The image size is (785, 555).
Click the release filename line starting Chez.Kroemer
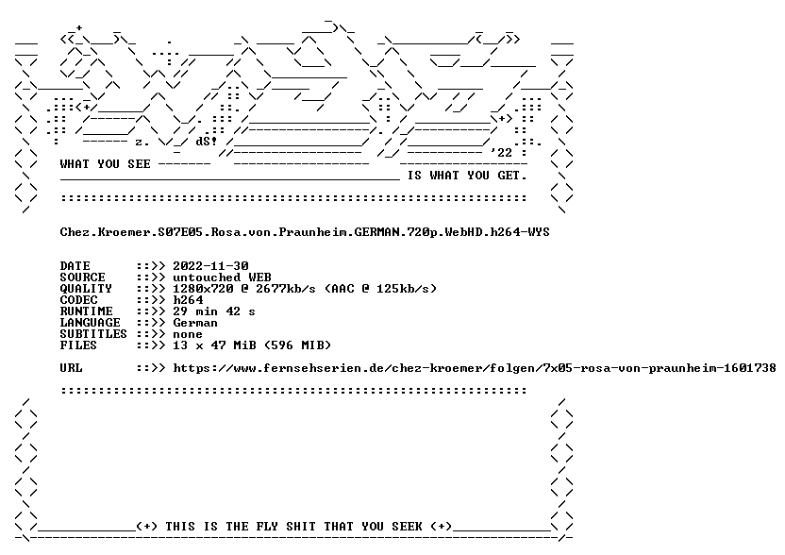[305, 232]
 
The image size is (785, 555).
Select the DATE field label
[75, 266]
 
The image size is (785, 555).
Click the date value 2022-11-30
[210, 266]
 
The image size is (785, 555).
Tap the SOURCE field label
[83, 277]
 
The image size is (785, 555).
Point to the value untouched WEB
[223, 277]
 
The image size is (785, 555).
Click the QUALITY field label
[86, 289]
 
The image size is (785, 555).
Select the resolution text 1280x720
[203, 289]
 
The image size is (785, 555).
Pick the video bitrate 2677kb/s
[286, 289]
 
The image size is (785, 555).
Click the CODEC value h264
[189, 300]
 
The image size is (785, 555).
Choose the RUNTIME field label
[86, 311]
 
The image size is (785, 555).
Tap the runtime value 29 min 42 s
[214, 311]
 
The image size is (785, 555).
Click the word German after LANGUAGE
[195, 323]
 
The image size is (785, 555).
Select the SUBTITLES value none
[189, 334]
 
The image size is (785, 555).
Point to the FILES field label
[78, 345]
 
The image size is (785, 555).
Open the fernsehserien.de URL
[475, 368]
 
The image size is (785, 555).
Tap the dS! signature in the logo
[207, 142]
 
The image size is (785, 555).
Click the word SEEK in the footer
[407, 527]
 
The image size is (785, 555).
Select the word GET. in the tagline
[512, 176]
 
